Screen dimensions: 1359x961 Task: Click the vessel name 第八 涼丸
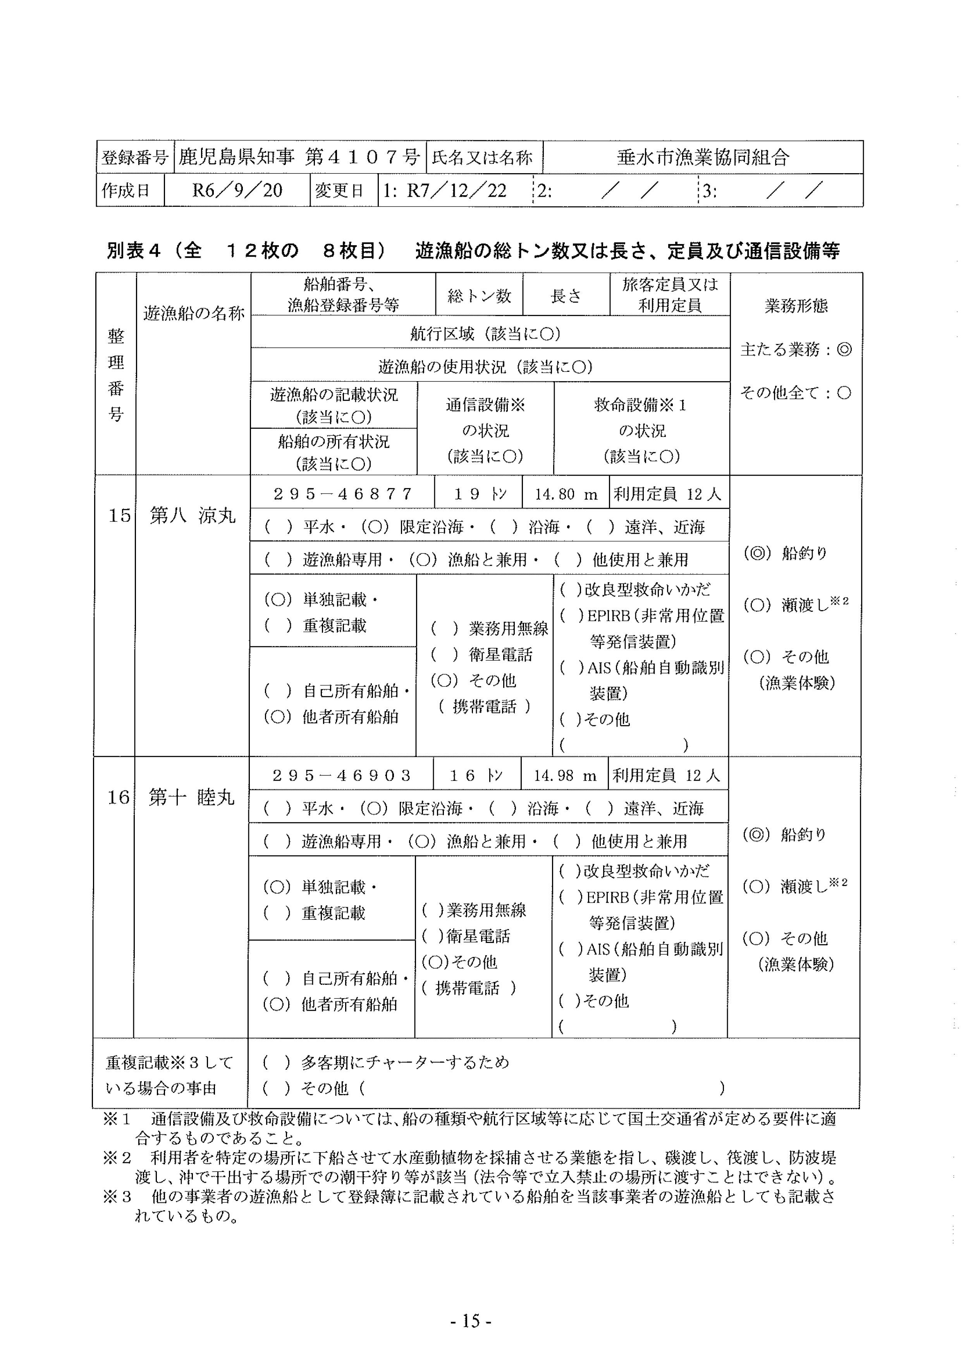click(193, 516)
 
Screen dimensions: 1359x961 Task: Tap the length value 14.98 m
click(564, 776)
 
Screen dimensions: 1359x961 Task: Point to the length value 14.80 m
click(566, 494)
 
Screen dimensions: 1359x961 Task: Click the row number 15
click(119, 516)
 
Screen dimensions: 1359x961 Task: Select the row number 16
click(118, 797)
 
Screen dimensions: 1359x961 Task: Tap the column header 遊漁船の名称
click(194, 313)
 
